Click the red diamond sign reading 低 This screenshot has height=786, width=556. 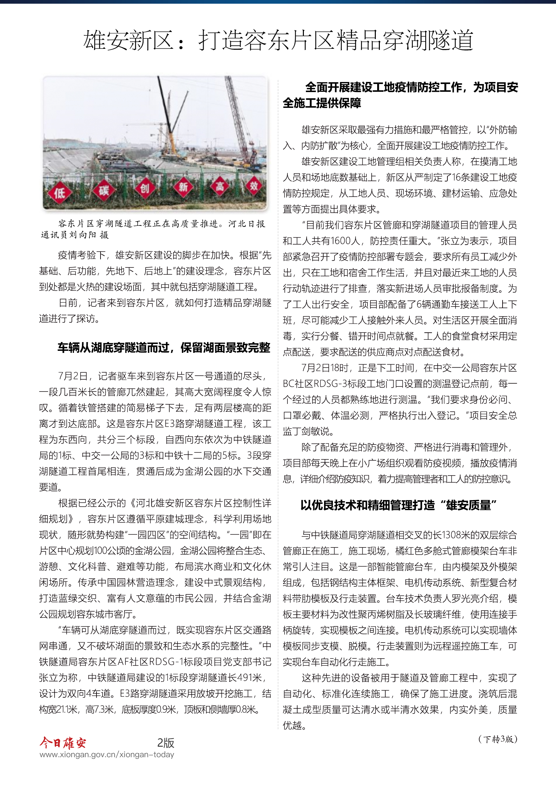59,193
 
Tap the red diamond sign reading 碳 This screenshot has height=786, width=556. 104,190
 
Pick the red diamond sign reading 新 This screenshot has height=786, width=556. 183,187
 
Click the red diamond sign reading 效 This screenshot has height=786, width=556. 254,186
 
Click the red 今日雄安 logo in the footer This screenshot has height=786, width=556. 63,743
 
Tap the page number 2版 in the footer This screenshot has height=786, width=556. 166,743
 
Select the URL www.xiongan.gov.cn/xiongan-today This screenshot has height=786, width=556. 107,754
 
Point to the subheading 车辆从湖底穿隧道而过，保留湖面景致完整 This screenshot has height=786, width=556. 164,348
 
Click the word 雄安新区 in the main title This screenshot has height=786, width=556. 128,40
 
